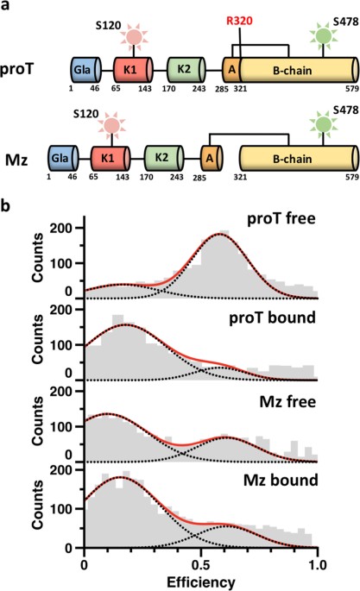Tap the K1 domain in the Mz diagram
click(x=111, y=157)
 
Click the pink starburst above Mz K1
click(x=111, y=127)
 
